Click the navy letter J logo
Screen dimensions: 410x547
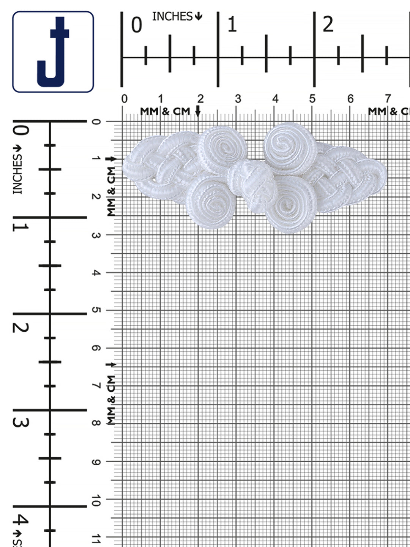click(53, 52)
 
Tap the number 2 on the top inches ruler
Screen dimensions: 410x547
click(328, 24)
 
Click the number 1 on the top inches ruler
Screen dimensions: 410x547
click(232, 24)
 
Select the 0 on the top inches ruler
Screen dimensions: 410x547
click(137, 25)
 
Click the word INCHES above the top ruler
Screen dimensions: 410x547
click(172, 16)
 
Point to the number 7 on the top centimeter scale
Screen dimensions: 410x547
click(388, 99)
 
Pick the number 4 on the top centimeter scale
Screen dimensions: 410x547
click(275, 99)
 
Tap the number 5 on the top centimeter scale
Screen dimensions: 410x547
click(312, 99)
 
